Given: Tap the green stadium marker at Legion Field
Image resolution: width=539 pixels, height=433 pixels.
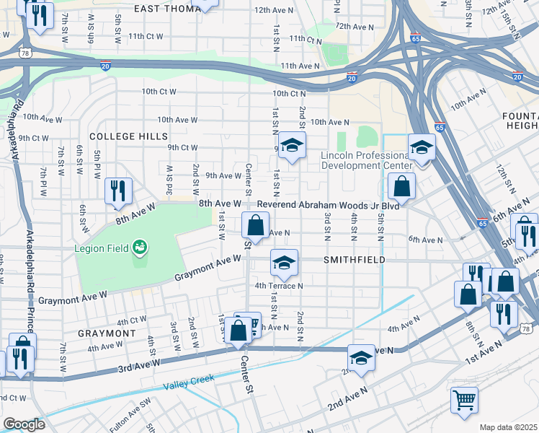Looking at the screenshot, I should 139,248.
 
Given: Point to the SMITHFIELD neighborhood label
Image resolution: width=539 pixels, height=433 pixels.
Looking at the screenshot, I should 354,259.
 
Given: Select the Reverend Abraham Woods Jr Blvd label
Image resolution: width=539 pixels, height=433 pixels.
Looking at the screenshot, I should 328,204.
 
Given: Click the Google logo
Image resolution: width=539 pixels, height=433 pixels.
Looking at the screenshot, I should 24,424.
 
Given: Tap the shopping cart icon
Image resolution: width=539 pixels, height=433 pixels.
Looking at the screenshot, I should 465,398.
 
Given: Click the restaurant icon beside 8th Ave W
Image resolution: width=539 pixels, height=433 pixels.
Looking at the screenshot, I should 118,191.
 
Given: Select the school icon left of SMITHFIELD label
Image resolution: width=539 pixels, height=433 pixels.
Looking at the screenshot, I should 284,262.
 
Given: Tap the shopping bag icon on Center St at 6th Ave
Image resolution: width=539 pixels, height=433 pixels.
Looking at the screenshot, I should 255,226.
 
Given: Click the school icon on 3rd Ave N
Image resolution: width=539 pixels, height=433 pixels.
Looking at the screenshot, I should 361,357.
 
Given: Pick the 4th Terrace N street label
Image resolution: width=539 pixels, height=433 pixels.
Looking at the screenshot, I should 279,286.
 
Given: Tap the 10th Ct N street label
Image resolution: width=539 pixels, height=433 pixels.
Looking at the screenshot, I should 290,93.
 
